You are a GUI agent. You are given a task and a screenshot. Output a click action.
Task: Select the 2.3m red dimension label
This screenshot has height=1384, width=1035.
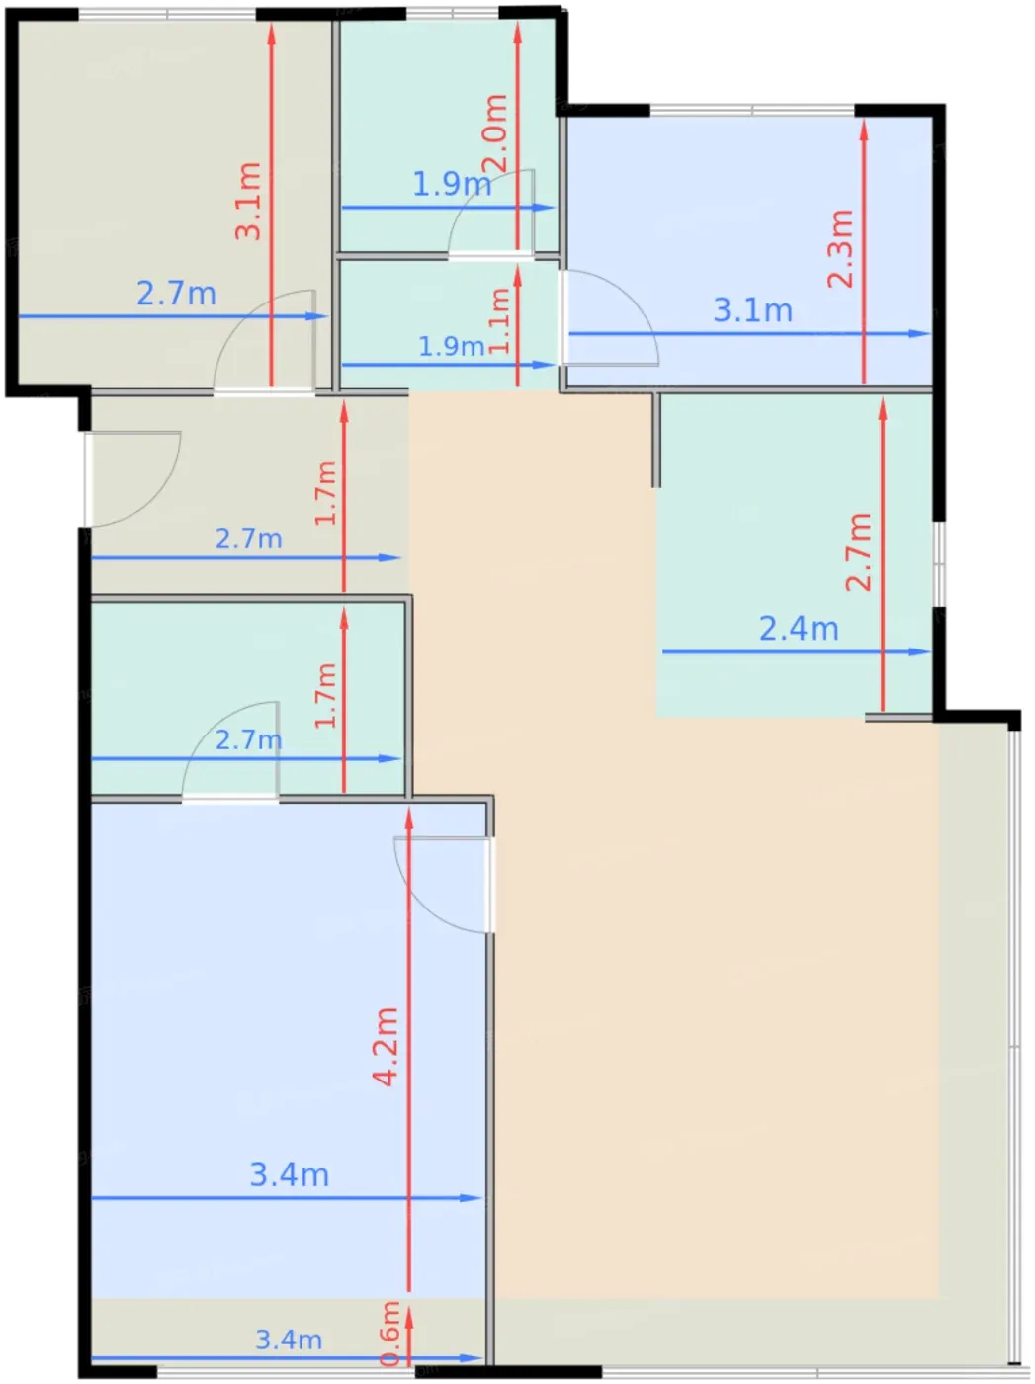click(840, 248)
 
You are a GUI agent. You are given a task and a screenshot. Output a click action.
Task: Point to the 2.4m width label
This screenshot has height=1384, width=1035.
click(799, 629)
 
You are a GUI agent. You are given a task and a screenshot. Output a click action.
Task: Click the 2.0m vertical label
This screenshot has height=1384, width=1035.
click(494, 133)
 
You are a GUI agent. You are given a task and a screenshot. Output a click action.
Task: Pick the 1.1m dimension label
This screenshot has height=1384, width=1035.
click(499, 320)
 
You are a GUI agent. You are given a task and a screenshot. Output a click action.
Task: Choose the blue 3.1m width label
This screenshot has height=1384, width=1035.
click(752, 310)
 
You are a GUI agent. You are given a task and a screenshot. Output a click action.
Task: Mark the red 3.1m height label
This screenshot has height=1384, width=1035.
click(248, 201)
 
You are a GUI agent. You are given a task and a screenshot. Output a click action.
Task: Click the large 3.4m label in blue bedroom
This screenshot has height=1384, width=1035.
click(290, 1174)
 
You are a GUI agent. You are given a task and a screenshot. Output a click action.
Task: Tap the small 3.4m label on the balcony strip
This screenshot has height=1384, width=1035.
click(289, 1340)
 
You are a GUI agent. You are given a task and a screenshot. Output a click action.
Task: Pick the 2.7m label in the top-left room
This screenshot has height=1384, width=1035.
click(177, 294)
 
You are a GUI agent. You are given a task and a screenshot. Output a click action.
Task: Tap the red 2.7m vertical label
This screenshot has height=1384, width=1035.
click(858, 552)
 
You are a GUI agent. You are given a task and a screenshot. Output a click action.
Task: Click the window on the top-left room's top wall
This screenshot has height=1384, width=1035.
click(167, 13)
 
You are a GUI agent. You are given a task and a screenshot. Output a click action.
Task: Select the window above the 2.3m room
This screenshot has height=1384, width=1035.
click(752, 110)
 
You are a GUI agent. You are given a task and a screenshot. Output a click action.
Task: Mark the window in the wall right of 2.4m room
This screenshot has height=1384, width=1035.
click(939, 564)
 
